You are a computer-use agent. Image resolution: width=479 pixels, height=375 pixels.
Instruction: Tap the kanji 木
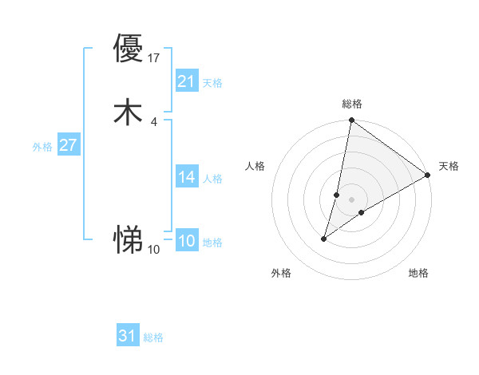pos(128,112)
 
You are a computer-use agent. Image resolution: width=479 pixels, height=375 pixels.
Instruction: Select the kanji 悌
pos(128,239)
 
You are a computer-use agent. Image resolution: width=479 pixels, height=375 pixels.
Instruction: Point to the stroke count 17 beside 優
pos(154,57)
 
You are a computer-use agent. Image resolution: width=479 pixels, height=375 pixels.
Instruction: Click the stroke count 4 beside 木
pos(153,121)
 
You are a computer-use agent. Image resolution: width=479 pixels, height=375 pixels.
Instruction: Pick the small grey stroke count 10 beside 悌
pos(154,250)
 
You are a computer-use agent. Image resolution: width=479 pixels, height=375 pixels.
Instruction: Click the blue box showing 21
pos(187,81)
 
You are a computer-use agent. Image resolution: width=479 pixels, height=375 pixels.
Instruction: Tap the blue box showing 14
pos(187,177)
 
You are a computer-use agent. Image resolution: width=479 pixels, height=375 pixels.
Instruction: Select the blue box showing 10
pos(187,241)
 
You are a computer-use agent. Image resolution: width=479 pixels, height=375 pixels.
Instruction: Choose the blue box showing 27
pos(68,146)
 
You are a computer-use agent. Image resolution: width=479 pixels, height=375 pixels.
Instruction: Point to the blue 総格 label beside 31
pos(153,337)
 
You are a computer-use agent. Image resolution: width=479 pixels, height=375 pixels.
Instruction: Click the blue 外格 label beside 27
pos(42,147)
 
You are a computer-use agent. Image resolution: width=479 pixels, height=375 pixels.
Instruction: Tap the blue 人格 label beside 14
pos(212,179)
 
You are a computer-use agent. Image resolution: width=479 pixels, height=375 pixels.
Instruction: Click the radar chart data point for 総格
pos(351,121)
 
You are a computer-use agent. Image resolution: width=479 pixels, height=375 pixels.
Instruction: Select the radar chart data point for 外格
pos(324,238)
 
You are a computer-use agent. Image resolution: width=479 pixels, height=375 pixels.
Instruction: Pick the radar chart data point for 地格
pos(362,212)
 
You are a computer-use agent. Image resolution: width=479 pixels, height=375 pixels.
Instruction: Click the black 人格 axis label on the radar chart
pos(255,166)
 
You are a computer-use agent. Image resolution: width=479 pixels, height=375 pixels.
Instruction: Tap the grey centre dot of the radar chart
pos(351,199)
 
